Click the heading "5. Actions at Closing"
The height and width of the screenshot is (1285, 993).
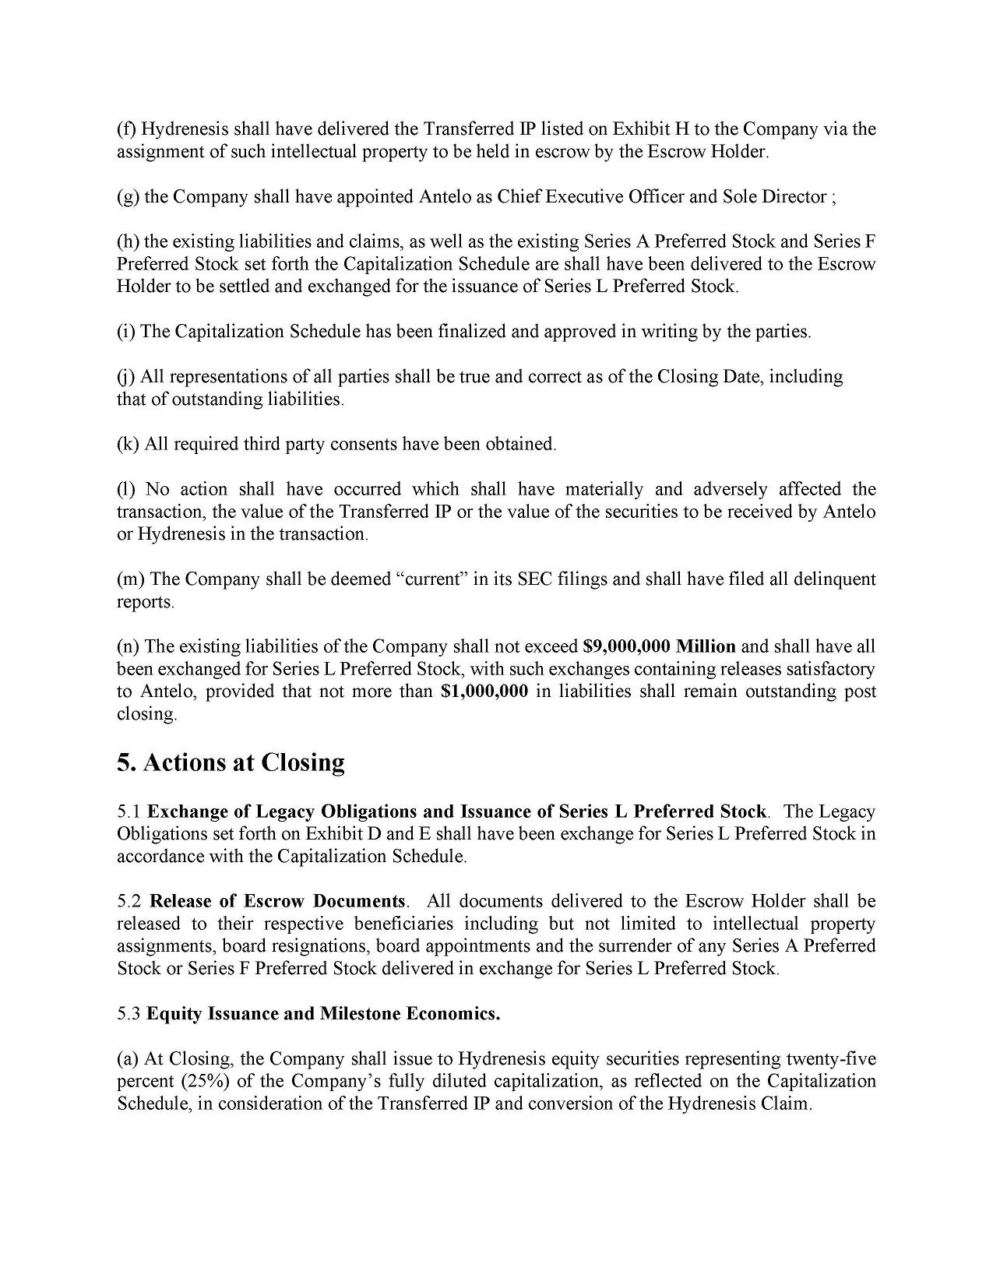[231, 762]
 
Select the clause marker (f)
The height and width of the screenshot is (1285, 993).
[126, 129]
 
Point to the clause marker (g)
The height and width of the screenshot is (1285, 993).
[127, 197]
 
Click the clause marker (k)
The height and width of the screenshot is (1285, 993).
[127, 445]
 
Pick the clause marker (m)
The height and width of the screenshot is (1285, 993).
[129, 579]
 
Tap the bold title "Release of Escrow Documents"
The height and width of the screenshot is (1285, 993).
[277, 902]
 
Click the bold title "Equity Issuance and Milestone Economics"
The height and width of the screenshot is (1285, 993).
[323, 1014]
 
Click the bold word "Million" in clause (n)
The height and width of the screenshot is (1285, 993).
[706, 646]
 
